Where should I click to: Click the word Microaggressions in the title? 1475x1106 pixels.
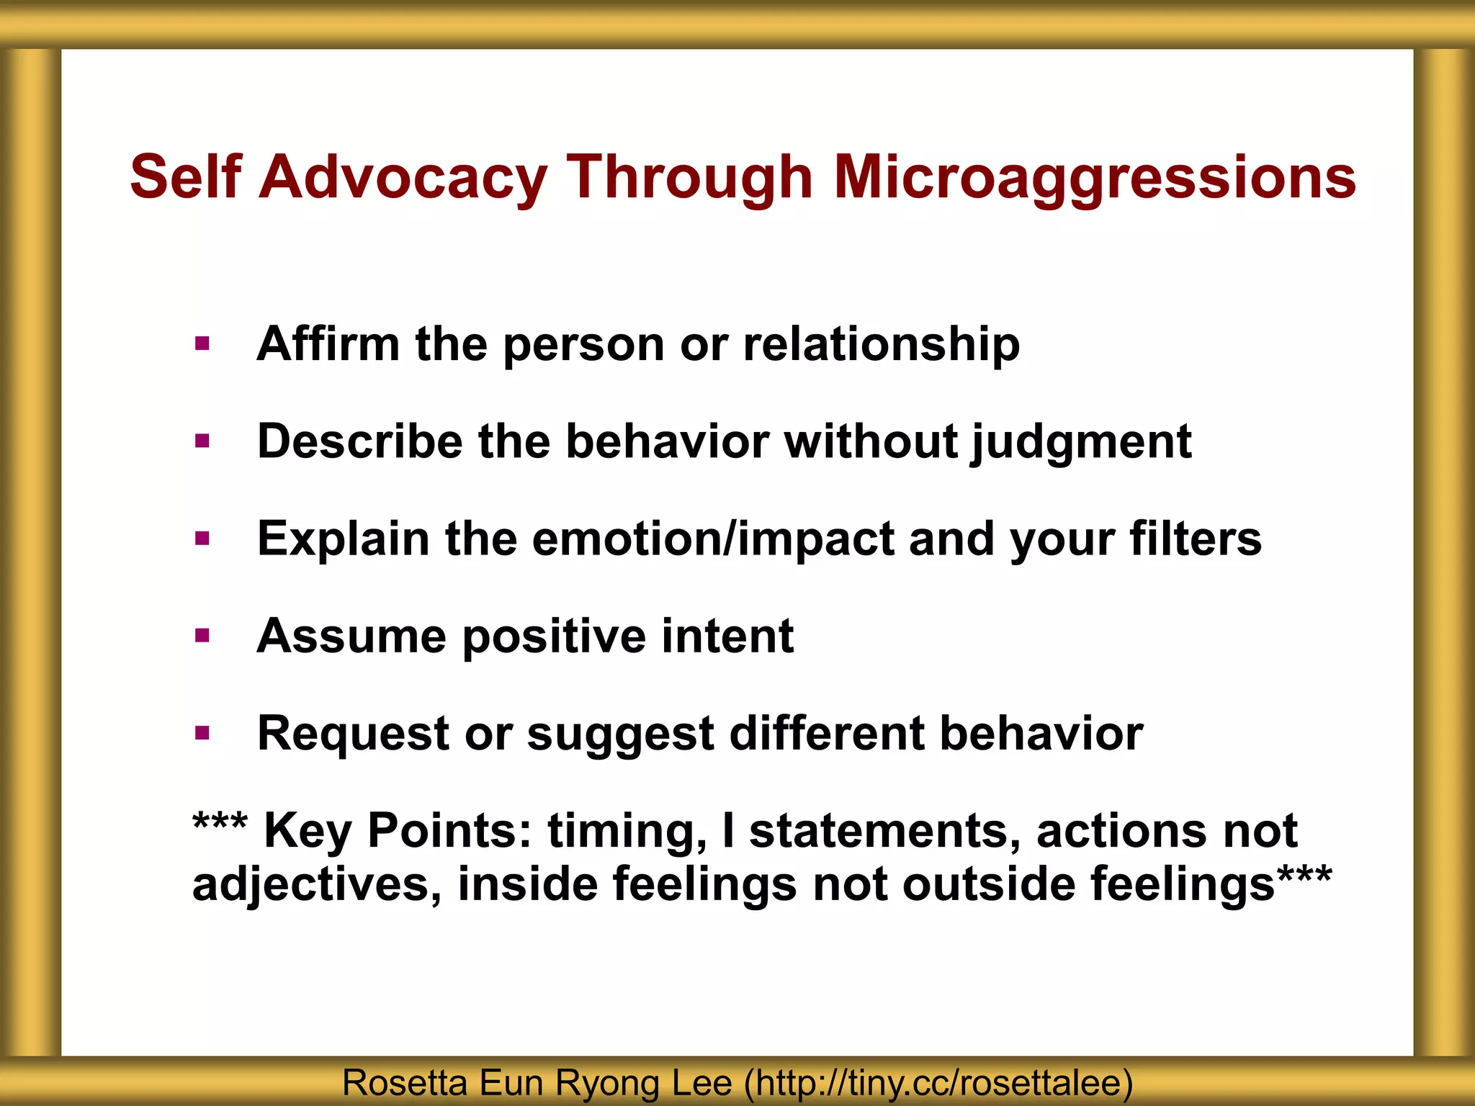[x=1095, y=178]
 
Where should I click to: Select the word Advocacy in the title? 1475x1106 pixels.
[x=403, y=178]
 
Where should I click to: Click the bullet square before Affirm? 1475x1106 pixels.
[x=202, y=343]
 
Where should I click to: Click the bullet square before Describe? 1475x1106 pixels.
[x=202, y=441]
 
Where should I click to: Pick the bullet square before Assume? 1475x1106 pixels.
[x=202, y=635]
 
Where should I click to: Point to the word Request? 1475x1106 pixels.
[x=353, y=734]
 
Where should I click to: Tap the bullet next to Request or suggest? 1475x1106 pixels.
[x=202, y=734]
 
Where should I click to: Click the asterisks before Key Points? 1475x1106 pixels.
[x=220, y=823]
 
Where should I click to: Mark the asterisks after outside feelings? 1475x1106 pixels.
[x=1304, y=876]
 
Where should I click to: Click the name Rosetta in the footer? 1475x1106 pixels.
[x=405, y=1082]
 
